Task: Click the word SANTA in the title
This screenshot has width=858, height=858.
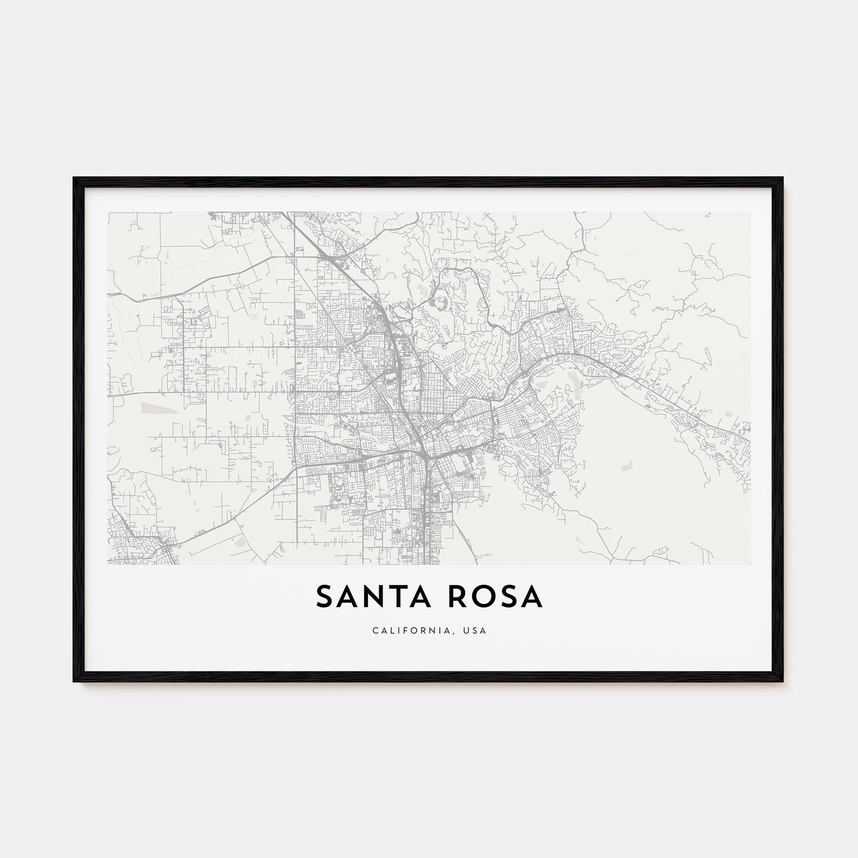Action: point(373,597)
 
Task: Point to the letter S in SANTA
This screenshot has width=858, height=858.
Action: point(325,597)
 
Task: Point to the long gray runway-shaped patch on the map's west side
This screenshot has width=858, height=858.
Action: point(159,407)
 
